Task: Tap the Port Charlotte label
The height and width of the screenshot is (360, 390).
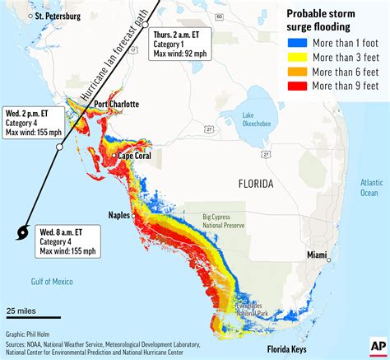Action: [x=116, y=104]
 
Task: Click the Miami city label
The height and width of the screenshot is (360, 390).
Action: [x=323, y=255]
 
